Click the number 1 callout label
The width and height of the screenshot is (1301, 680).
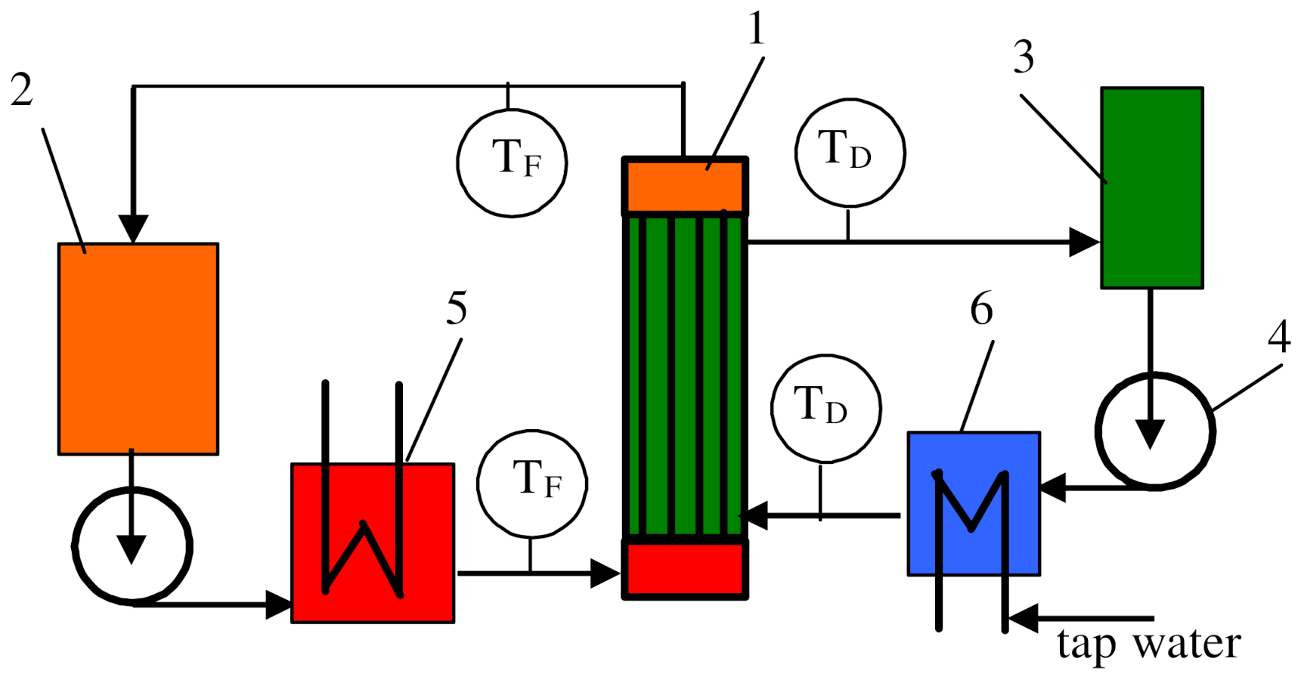[757, 29]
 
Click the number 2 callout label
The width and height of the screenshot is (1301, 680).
[22, 90]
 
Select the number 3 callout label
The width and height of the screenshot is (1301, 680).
[1024, 57]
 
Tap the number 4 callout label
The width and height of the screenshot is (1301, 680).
[1278, 336]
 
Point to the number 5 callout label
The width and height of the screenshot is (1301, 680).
[456, 308]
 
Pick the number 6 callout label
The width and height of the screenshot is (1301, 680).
[981, 309]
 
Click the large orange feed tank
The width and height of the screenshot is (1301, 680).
[138, 348]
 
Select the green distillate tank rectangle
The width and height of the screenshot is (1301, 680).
[1151, 187]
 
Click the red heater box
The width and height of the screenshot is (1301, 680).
[373, 542]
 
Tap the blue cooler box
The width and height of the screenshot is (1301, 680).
[974, 503]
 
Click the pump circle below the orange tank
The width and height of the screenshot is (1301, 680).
[132, 546]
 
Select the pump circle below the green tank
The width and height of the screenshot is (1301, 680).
[1154, 431]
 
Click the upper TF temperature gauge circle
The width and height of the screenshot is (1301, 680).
[512, 162]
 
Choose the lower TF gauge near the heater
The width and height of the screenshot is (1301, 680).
[532, 483]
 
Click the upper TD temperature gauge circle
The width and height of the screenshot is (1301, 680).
[850, 152]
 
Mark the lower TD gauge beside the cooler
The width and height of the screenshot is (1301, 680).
[826, 407]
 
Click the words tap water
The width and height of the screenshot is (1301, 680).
[1148, 644]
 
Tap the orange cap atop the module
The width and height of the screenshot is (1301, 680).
[685, 186]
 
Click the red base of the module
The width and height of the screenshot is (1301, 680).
[685, 569]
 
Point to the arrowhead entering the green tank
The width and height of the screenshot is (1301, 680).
[1085, 243]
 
